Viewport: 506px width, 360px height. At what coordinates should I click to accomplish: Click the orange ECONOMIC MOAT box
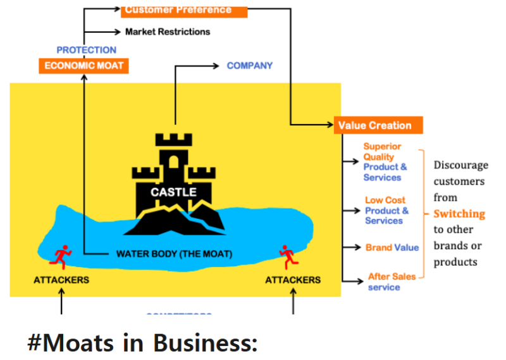(83, 65)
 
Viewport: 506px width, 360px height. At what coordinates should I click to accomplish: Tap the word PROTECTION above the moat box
(87, 50)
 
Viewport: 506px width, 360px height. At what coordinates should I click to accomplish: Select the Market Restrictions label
(168, 31)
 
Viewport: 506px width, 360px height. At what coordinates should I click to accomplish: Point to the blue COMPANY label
(250, 65)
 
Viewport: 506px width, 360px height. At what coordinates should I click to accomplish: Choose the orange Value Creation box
(378, 125)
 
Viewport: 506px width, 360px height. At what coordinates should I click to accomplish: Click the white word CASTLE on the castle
(173, 192)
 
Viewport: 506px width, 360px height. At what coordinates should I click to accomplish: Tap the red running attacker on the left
(61, 255)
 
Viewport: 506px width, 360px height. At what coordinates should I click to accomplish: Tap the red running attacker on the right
(288, 255)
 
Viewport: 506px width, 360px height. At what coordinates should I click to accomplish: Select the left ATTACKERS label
(61, 280)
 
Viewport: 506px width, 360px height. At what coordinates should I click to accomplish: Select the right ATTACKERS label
(293, 280)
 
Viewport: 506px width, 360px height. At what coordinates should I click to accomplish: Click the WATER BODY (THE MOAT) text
(174, 254)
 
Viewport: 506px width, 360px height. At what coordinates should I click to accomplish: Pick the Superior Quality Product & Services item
(385, 162)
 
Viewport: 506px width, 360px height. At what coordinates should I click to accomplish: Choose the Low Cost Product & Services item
(386, 210)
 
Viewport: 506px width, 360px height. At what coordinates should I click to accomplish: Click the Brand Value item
(392, 247)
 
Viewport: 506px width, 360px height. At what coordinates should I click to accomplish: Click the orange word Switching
(459, 214)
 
